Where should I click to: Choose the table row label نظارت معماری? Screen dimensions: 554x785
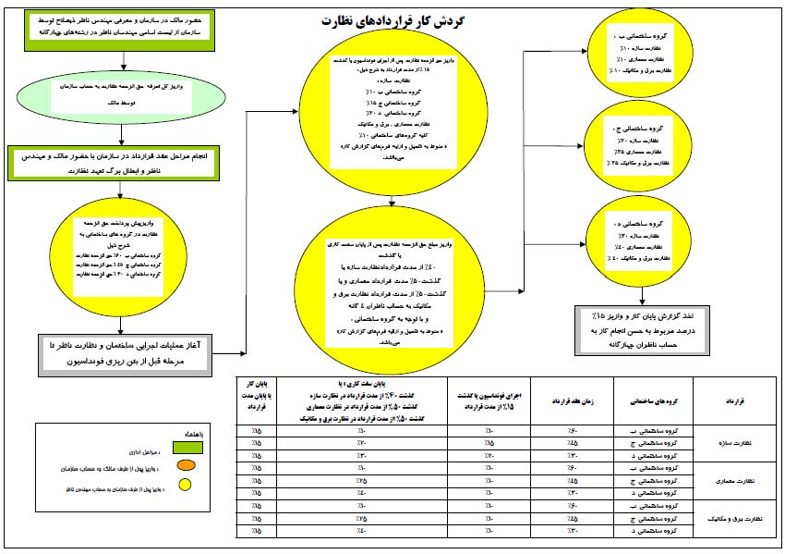736,480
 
